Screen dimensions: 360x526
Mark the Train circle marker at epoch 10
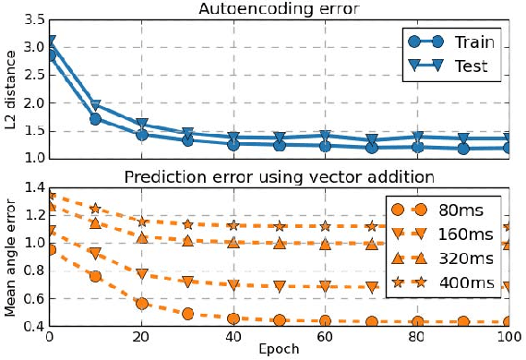96,119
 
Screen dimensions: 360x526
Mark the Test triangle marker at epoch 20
142,124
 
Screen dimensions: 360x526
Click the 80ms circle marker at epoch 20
142,304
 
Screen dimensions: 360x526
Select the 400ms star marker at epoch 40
233,225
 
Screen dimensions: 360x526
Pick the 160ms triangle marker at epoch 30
188,282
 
